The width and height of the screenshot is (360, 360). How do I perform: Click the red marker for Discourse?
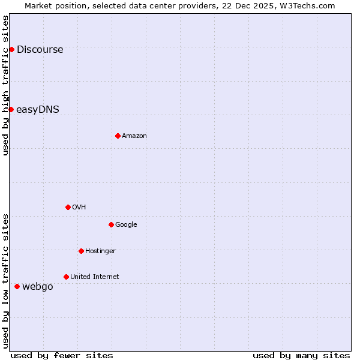(x=11, y=49)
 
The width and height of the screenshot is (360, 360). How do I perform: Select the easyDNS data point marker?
(x=11, y=109)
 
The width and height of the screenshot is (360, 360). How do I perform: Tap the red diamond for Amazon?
(x=118, y=136)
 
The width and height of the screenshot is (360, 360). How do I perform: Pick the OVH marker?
(x=68, y=207)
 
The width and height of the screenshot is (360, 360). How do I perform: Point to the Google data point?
(x=111, y=224)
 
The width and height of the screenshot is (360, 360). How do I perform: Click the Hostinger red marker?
(x=81, y=251)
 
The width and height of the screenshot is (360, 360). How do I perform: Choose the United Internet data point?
(x=66, y=277)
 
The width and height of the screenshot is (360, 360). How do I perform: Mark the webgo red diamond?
(x=17, y=286)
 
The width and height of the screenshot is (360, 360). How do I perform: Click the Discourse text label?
(x=40, y=50)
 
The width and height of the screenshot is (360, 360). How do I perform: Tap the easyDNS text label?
(x=37, y=110)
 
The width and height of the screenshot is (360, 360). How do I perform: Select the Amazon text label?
(x=134, y=136)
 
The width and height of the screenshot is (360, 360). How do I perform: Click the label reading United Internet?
(x=94, y=277)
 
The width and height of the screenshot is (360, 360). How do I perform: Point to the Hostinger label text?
(x=100, y=251)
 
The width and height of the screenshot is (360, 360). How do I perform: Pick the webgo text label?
(x=38, y=287)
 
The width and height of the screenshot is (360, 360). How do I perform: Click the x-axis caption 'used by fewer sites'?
(x=62, y=355)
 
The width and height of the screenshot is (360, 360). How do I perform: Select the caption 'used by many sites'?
(x=301, y=355)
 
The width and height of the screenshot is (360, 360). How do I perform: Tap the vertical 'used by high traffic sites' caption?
(x=5, y=85)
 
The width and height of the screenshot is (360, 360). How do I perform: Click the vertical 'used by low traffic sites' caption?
(x=5, y=280)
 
